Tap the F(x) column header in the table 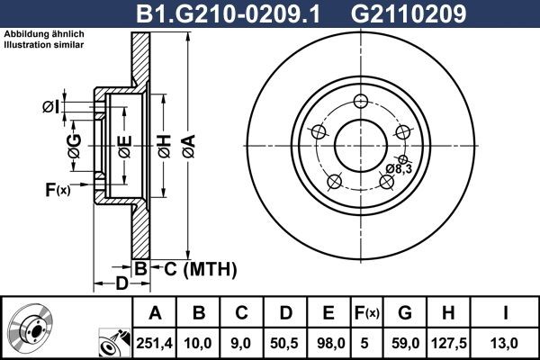click(366, 312)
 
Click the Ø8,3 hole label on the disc click(400, 169)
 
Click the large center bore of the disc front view click(360, 143)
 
